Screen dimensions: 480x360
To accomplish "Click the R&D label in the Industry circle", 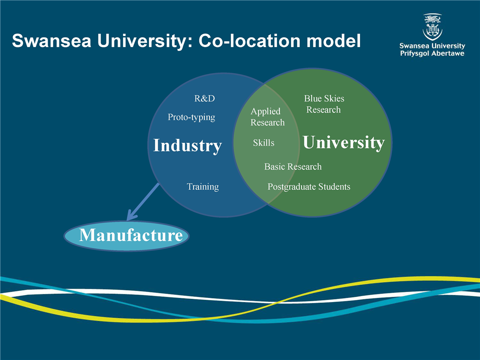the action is pos(204,98).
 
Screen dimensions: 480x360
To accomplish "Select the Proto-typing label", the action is pos(191,117).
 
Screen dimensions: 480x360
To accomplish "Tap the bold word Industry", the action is pos(187,145).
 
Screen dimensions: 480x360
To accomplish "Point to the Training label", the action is pos(202,186).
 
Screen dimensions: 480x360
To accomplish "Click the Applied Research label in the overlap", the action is pos(267,117).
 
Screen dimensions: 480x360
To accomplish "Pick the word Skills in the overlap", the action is pos(263,142).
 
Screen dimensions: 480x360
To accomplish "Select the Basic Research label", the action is pos(293,166).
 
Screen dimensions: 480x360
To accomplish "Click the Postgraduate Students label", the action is pos(309,186).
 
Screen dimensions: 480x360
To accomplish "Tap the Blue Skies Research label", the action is pos(324,104).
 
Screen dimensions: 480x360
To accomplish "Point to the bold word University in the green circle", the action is pos(344,142).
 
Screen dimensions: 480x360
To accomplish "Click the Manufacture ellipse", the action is pos(126,236).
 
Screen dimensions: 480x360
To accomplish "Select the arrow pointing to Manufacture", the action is pos(143,201).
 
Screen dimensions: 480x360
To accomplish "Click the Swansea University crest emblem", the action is pos(432,27).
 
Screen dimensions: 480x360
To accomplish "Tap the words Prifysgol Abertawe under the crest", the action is pos(432,53).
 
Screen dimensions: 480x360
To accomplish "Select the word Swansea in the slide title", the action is pos(51,40).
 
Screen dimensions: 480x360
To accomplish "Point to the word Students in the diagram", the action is pos(334,186).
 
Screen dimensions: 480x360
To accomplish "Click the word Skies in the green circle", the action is pos(334,98).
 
